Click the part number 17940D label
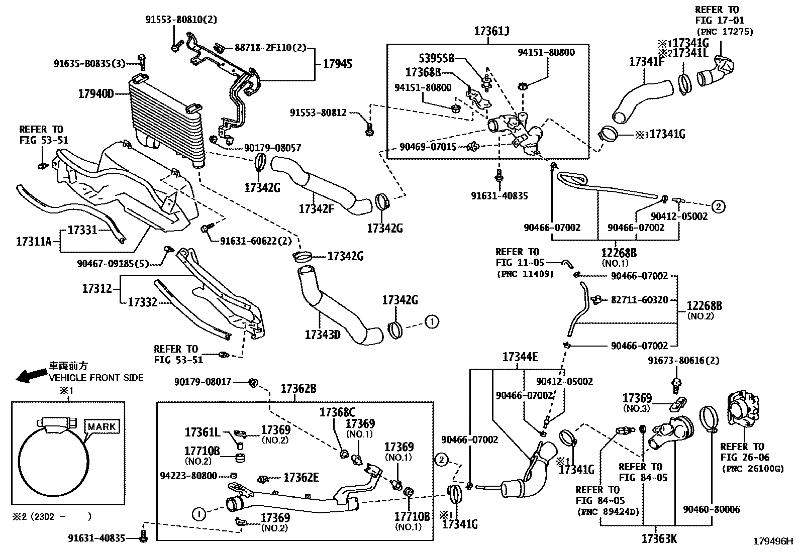[x=96, y=93]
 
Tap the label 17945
[x=337, y=64]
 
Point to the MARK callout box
[x=103, y=427]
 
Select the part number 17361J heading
[x=491, y=31]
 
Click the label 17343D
[x=322, y=334]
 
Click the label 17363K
[x=659, y=538]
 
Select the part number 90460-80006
[x=712, y=509]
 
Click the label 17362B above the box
[x=298, y=388]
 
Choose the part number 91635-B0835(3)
[x=89, y=63]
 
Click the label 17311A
[x=34, y=242]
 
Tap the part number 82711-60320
[x=639, y=300]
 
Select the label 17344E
[x=520, y=357]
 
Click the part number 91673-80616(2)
[x=683, y=361]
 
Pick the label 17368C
[x=337, y=412]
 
